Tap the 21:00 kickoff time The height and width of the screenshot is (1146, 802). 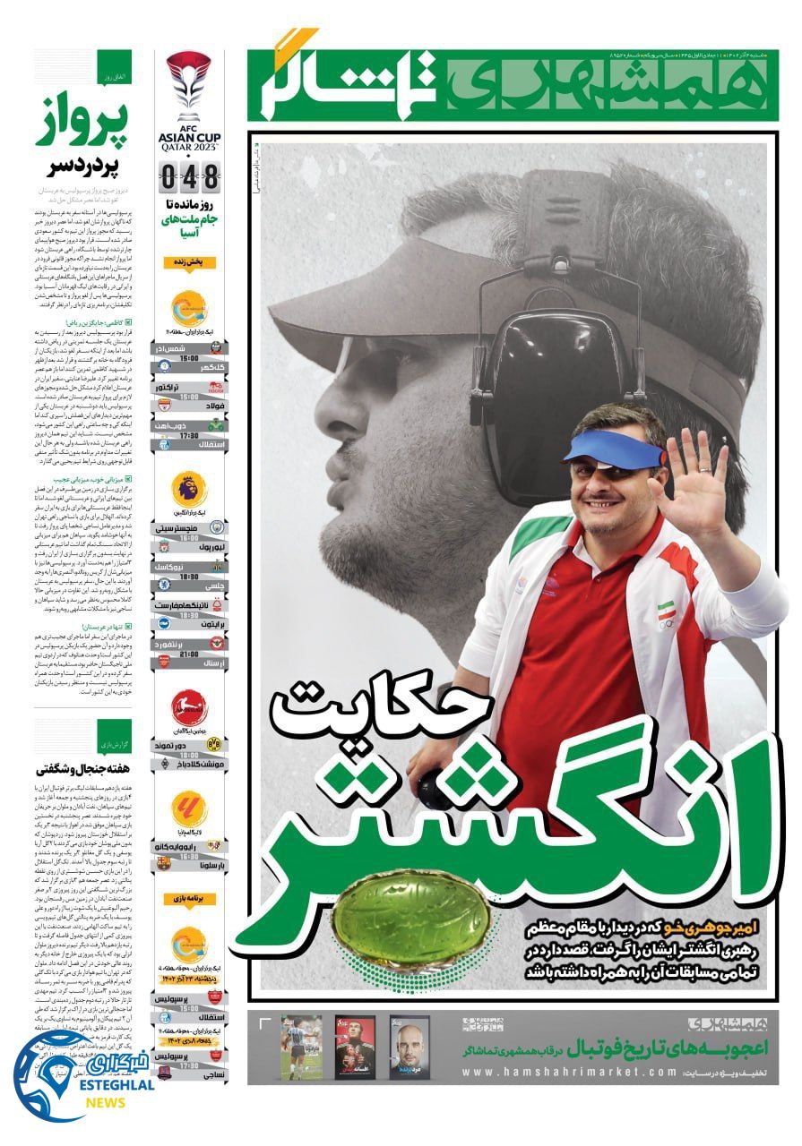click(x=189, y=654)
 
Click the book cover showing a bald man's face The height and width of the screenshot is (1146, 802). click(x=410, y=1047)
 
